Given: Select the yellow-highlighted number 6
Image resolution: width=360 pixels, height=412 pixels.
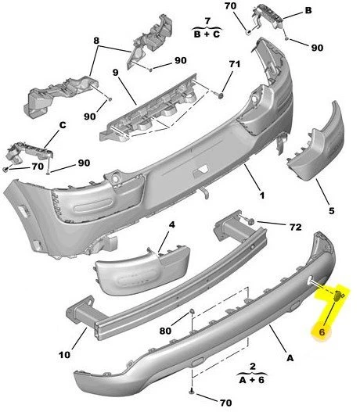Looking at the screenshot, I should pos(321,332).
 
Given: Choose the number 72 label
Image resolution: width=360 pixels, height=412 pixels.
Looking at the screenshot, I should pos(294,227).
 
